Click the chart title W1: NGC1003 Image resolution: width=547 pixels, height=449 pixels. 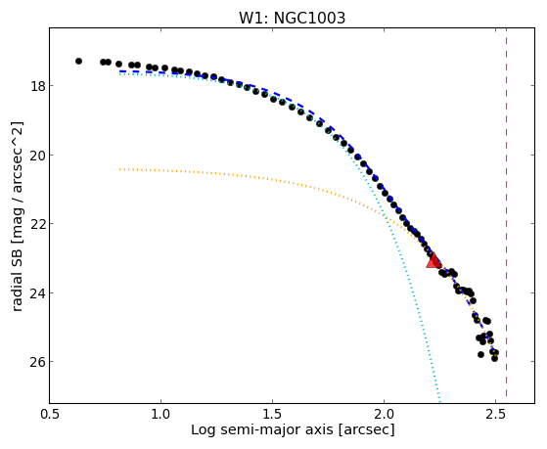click(292, 18)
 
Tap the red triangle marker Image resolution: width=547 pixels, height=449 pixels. click(433, 261)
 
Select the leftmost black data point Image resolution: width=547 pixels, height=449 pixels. click(79, 61)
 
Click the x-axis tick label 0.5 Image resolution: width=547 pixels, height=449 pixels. click(50, 414)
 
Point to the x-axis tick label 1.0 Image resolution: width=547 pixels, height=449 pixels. click(160, 414)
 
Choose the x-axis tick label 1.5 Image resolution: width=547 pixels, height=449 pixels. click(272, 414)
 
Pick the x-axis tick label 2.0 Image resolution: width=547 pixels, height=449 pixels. click(384, 414)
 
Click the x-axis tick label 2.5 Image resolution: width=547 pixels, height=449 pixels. click(495, 414)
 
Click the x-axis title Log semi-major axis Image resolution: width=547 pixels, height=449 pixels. click(261, 430)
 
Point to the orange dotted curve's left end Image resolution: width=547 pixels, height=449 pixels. click(119, 169)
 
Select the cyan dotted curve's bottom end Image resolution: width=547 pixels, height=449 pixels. click(440, 400)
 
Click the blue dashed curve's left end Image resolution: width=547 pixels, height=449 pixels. click(120, 71)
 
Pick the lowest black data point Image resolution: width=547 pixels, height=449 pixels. click(494, 358)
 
